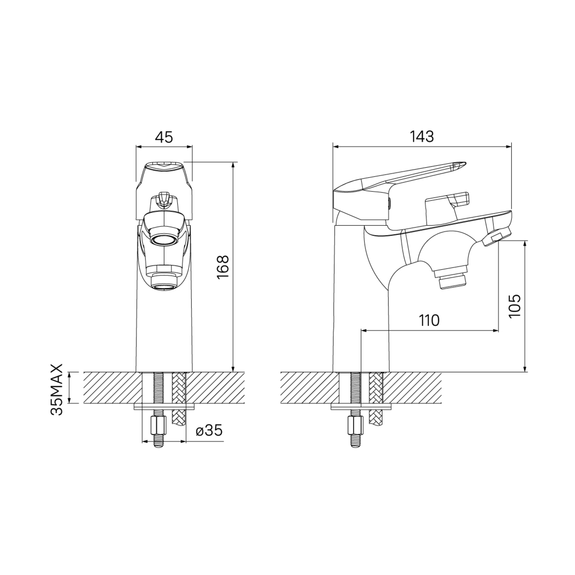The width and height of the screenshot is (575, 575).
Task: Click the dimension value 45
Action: point(164,137)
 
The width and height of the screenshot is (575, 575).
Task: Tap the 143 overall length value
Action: point(422,136)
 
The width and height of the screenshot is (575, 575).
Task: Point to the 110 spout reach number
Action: point(429,320)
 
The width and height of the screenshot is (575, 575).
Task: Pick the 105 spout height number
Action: point(515,306)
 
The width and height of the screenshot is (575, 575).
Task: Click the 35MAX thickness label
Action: point(57,390)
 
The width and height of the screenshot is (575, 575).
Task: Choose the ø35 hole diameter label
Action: point(209,430)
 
